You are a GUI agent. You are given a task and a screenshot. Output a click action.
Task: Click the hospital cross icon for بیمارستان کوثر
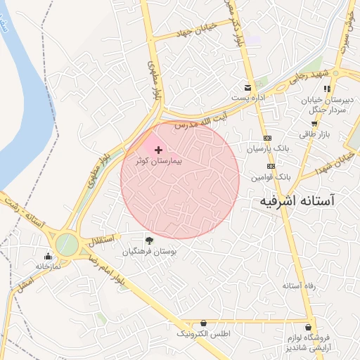[158, 150]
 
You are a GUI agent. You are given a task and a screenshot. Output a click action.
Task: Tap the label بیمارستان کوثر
[158, 161]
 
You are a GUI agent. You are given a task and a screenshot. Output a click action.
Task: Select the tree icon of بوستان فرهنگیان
[148, 240]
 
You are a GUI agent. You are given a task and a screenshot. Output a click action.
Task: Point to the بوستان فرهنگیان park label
[149, 251]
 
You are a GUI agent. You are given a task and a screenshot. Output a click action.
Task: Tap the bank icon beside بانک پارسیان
[268, 139]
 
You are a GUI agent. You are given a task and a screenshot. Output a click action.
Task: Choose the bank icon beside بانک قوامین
[271, 166]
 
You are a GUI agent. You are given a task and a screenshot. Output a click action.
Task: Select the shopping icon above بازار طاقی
[314, 124]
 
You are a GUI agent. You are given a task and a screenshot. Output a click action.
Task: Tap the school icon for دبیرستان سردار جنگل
[326, 89]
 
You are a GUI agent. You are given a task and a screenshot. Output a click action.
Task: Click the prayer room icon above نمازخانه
[48, 256]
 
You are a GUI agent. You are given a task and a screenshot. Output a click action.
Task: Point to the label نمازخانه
[48, 266]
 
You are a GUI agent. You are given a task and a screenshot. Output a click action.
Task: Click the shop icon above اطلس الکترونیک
[204, 322]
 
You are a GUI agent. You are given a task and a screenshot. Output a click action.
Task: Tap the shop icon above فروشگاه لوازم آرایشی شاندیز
[310, 327]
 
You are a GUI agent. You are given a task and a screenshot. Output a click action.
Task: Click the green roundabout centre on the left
[67, 245]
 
